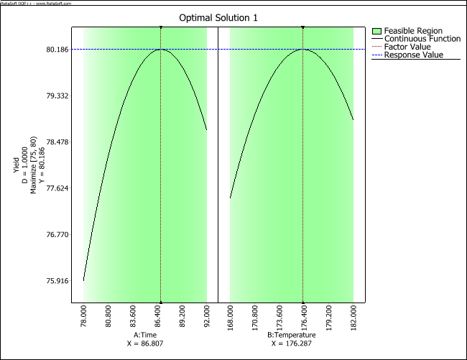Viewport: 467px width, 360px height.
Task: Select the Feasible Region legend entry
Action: click(x=412, y=30)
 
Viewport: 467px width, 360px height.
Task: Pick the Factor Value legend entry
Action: click(x=408, y=47)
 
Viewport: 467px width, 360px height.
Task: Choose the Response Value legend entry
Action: click(x=414, y=55)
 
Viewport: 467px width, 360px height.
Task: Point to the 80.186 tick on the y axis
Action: click(x=57, y=50)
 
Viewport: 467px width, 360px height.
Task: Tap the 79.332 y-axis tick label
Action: click(x=57, y=96)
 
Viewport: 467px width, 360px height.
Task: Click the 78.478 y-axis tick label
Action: click(x=57, y=142)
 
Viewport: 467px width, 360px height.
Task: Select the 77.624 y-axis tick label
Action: click(x=57, y=188)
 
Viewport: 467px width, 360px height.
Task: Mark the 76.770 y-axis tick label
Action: click(x=57, y=235)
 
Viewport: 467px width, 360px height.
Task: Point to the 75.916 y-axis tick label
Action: click(x=57, y=281)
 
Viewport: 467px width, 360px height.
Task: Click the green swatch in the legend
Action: click(x=377, y=30)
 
